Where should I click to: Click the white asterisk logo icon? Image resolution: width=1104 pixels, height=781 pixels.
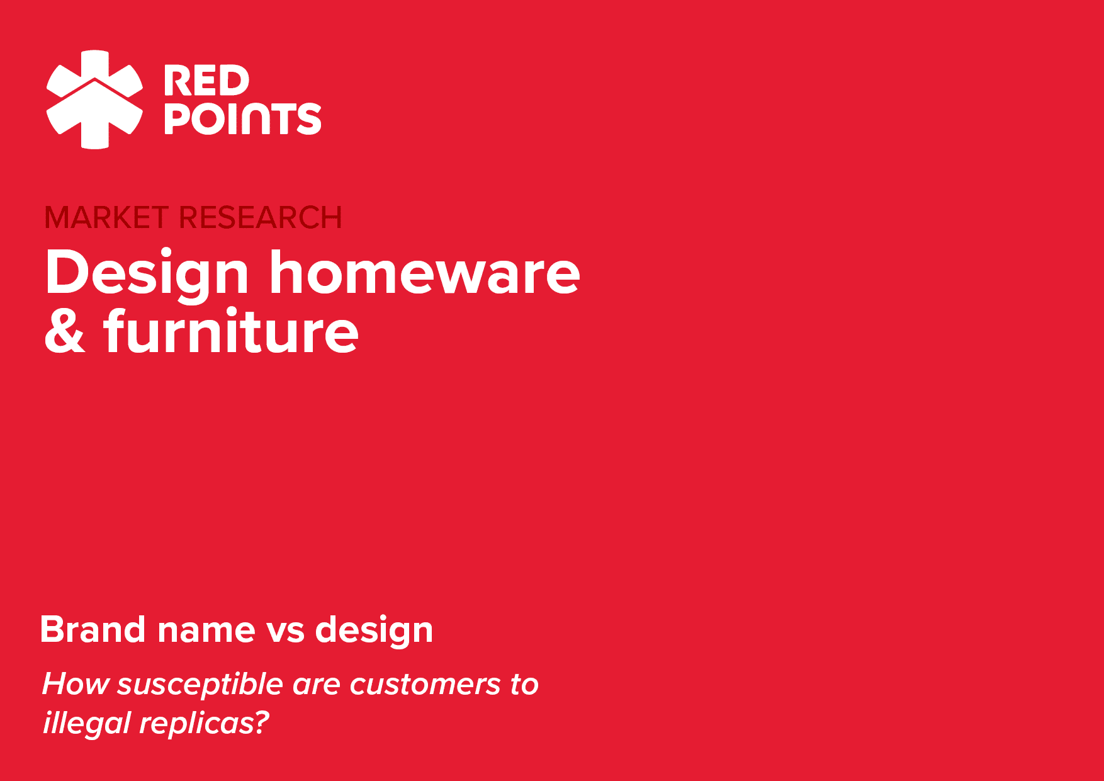pos(95,100)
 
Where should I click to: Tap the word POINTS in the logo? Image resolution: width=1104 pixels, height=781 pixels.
pos(242,118)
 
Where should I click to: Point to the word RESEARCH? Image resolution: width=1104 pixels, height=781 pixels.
pos(261,218)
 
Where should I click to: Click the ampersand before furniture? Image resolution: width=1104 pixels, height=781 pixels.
pos(65,331)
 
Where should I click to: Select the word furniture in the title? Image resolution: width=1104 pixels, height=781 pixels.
pos(231,330)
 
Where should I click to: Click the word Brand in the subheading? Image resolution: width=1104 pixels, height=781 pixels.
pos(93,629)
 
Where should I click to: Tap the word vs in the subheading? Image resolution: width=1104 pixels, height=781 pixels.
pos(285,632)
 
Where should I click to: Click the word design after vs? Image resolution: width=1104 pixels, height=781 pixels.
pos(374,631)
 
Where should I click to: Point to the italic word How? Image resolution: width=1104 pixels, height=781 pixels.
pos(76,684)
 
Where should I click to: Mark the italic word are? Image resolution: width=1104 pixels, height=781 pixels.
pos(317,687)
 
